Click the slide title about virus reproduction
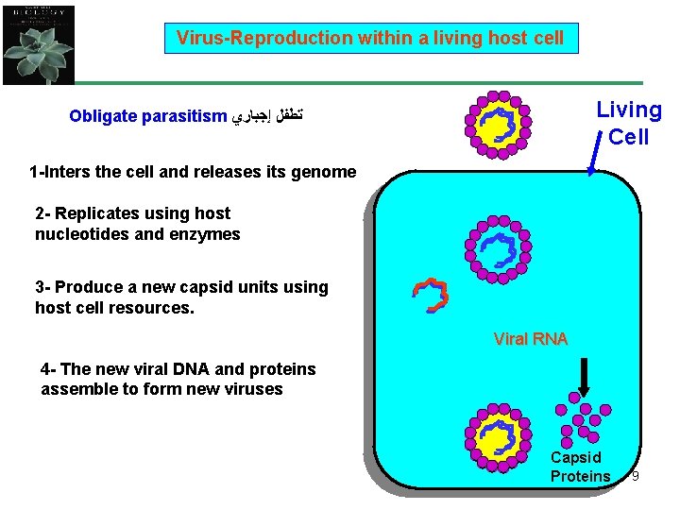point(370,39)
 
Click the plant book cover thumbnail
point(39,43)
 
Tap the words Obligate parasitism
point(148,118)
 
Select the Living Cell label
point(629,124)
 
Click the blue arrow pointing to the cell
point(596,156)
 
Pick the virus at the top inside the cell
point(498,249)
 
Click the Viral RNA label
point(530,339)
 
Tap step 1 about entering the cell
point(193,172)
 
